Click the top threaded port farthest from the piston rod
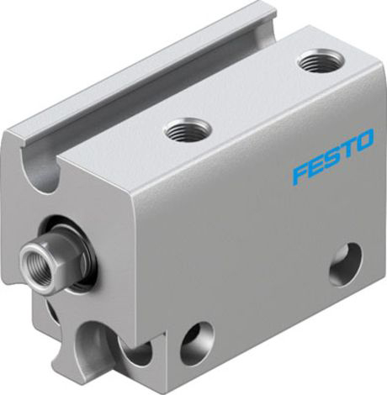click(321, 61)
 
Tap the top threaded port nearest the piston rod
click(188, 130)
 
